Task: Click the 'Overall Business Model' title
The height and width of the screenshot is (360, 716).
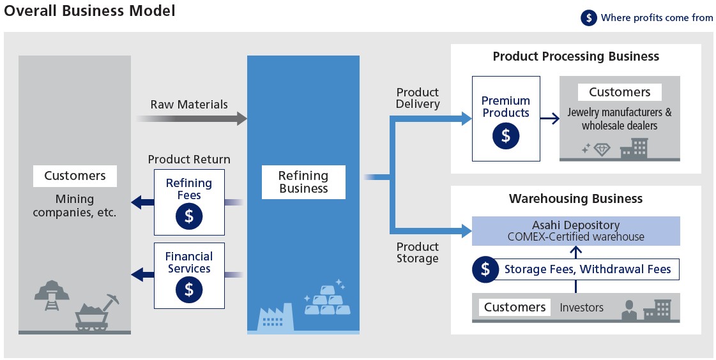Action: click(x=89, y=11)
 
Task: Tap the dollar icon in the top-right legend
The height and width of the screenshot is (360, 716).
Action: click(x=589, y=18)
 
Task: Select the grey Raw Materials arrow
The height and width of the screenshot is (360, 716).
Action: click(x=192, y=118)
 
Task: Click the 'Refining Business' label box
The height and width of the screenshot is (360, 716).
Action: click(x=303, y=182)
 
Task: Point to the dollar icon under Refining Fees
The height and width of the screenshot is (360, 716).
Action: click(x=189, y=216)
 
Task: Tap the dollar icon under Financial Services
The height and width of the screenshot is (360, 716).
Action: click(x=189, y=289)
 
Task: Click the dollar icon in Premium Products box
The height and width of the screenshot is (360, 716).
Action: click(x=506, y=135)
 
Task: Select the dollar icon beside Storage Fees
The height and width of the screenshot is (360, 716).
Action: click(x=485, y=269)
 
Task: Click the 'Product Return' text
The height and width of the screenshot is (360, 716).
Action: click(x=189, y=160)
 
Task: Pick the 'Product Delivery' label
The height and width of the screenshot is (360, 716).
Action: click(x=418, y=98)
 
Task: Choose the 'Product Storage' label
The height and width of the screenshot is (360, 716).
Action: click(x=418, y=253)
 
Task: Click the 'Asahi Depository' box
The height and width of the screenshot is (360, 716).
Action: click(x=575, y=231)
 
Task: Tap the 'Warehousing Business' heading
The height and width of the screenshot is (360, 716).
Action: click(x=575, y=199)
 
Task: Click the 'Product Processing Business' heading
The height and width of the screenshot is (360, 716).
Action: click(x=575, y=56)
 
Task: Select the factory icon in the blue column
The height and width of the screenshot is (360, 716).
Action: click(x=275, y=317)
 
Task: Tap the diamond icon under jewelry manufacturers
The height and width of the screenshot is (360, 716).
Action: click(x=602, y=149)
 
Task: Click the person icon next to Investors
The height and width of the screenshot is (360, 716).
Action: click(x=629, y=310)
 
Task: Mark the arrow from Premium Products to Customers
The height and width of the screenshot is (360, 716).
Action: click(x=549, y=118)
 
